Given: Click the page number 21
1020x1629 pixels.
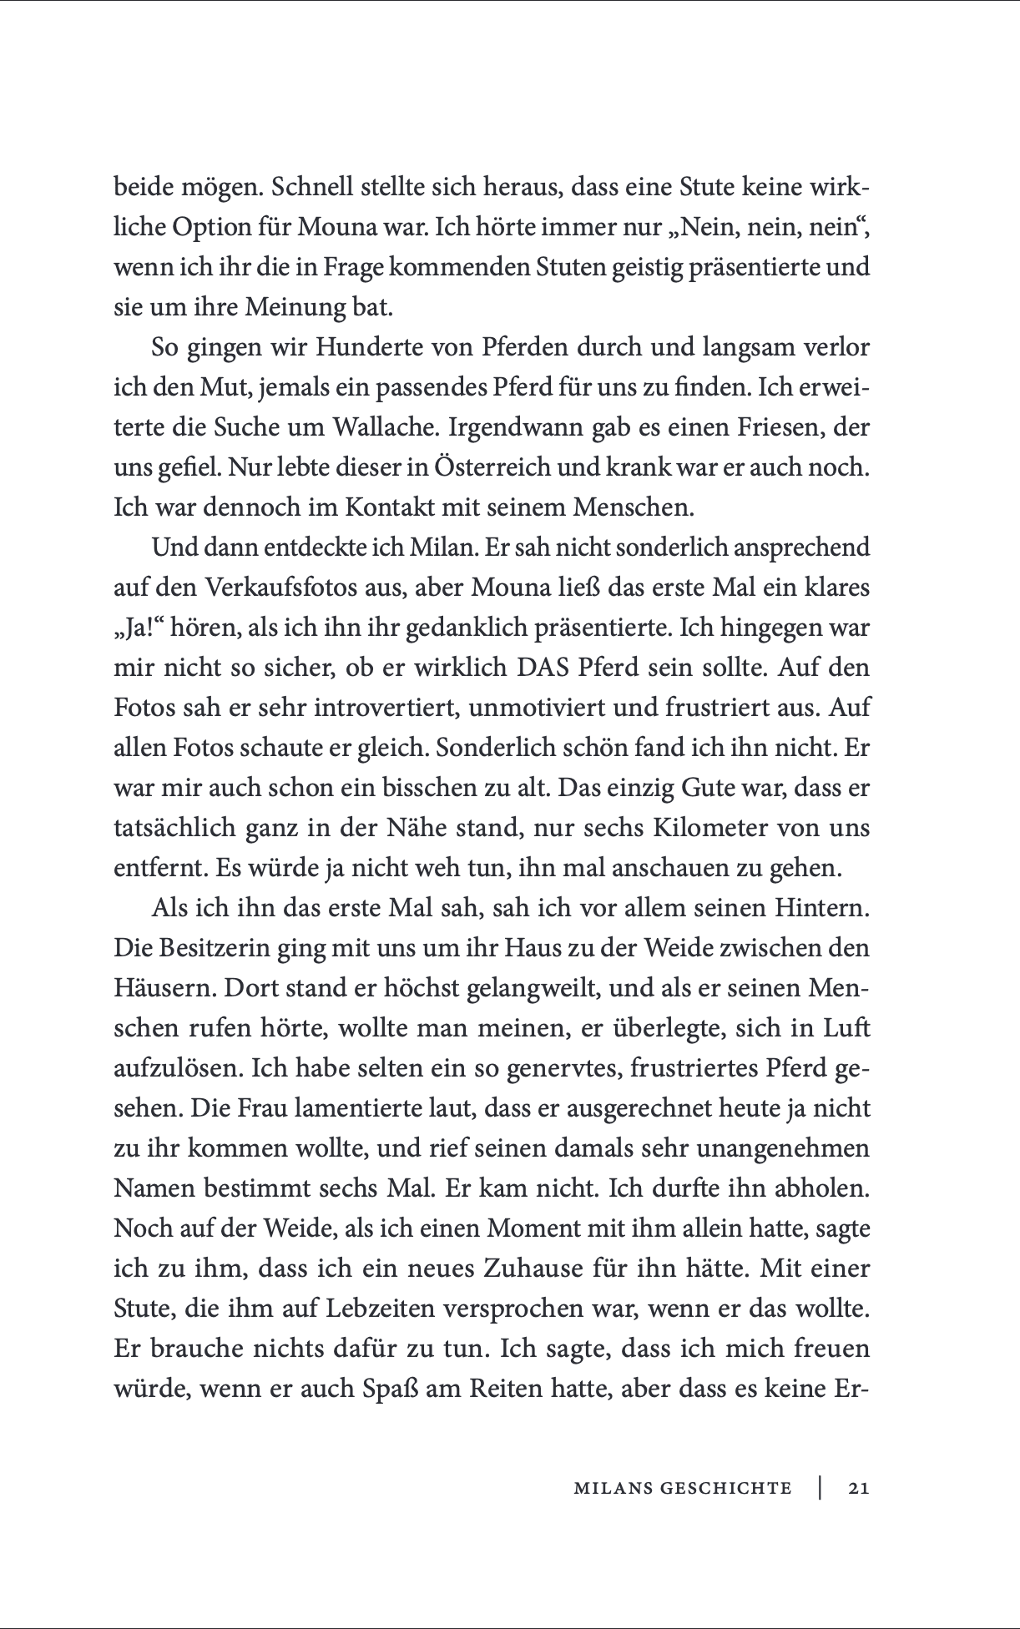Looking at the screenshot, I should coord(858,1487).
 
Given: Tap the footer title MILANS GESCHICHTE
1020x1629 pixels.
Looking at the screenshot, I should coord(682,1487).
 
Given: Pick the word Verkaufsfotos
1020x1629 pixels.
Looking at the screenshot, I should coord(285,588).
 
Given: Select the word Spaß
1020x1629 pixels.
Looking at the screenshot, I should coord(391,1389).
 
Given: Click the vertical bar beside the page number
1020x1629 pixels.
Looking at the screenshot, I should coord(821,1487).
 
